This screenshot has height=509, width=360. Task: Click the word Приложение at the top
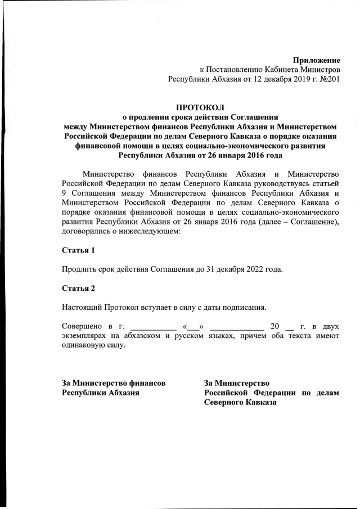[317, 60]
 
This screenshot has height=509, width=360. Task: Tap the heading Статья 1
[78, 249]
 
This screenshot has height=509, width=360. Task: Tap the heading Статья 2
[78, 288]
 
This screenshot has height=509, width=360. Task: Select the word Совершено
[82, 326]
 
